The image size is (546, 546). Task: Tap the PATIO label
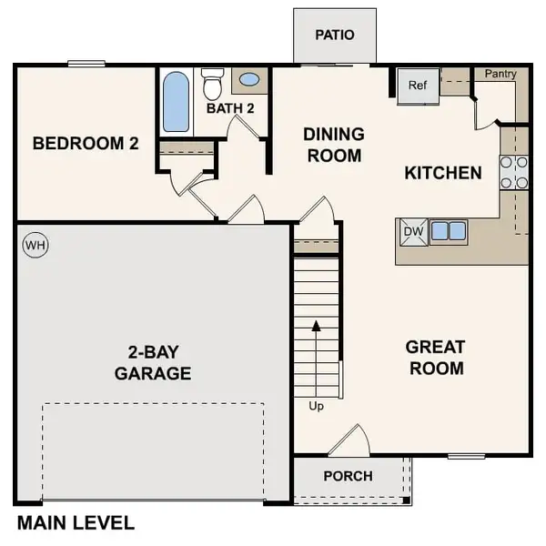pos(334,35)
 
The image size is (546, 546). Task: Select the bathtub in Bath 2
pos(176,102)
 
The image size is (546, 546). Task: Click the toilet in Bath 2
pos(213,86)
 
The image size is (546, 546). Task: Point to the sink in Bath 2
pos(248,80)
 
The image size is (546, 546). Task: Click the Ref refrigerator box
pos(417,86)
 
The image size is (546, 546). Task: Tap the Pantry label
pos(500,73)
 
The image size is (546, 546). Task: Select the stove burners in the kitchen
pos(513,172)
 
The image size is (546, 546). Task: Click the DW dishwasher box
pos(413,231)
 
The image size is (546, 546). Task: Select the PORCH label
pos(348,476)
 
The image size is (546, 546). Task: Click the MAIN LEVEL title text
pos(76,523)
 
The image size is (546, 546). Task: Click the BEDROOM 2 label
pos(85,143)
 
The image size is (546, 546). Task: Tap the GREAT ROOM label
pos(435,358)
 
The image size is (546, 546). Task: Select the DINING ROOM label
pos(334,145)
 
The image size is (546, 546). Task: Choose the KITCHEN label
pos(443,172)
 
